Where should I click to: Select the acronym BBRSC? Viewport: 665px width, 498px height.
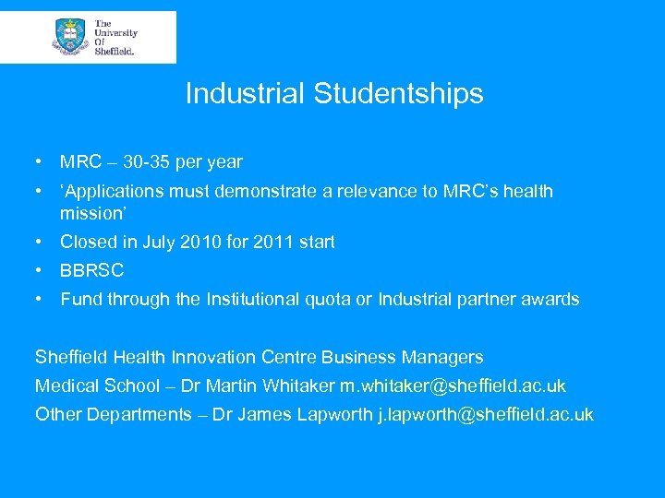pos(91,271)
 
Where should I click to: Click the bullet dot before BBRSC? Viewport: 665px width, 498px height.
pos(41,271)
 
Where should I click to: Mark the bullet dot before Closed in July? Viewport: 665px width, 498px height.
pos(41,243)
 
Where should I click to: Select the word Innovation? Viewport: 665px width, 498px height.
pos(244,357)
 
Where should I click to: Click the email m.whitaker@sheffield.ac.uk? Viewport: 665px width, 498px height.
pos(453,385)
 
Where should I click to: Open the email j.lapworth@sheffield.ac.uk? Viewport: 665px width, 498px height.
pos(487,414)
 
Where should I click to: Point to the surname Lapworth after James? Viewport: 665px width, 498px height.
pos(335,414)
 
